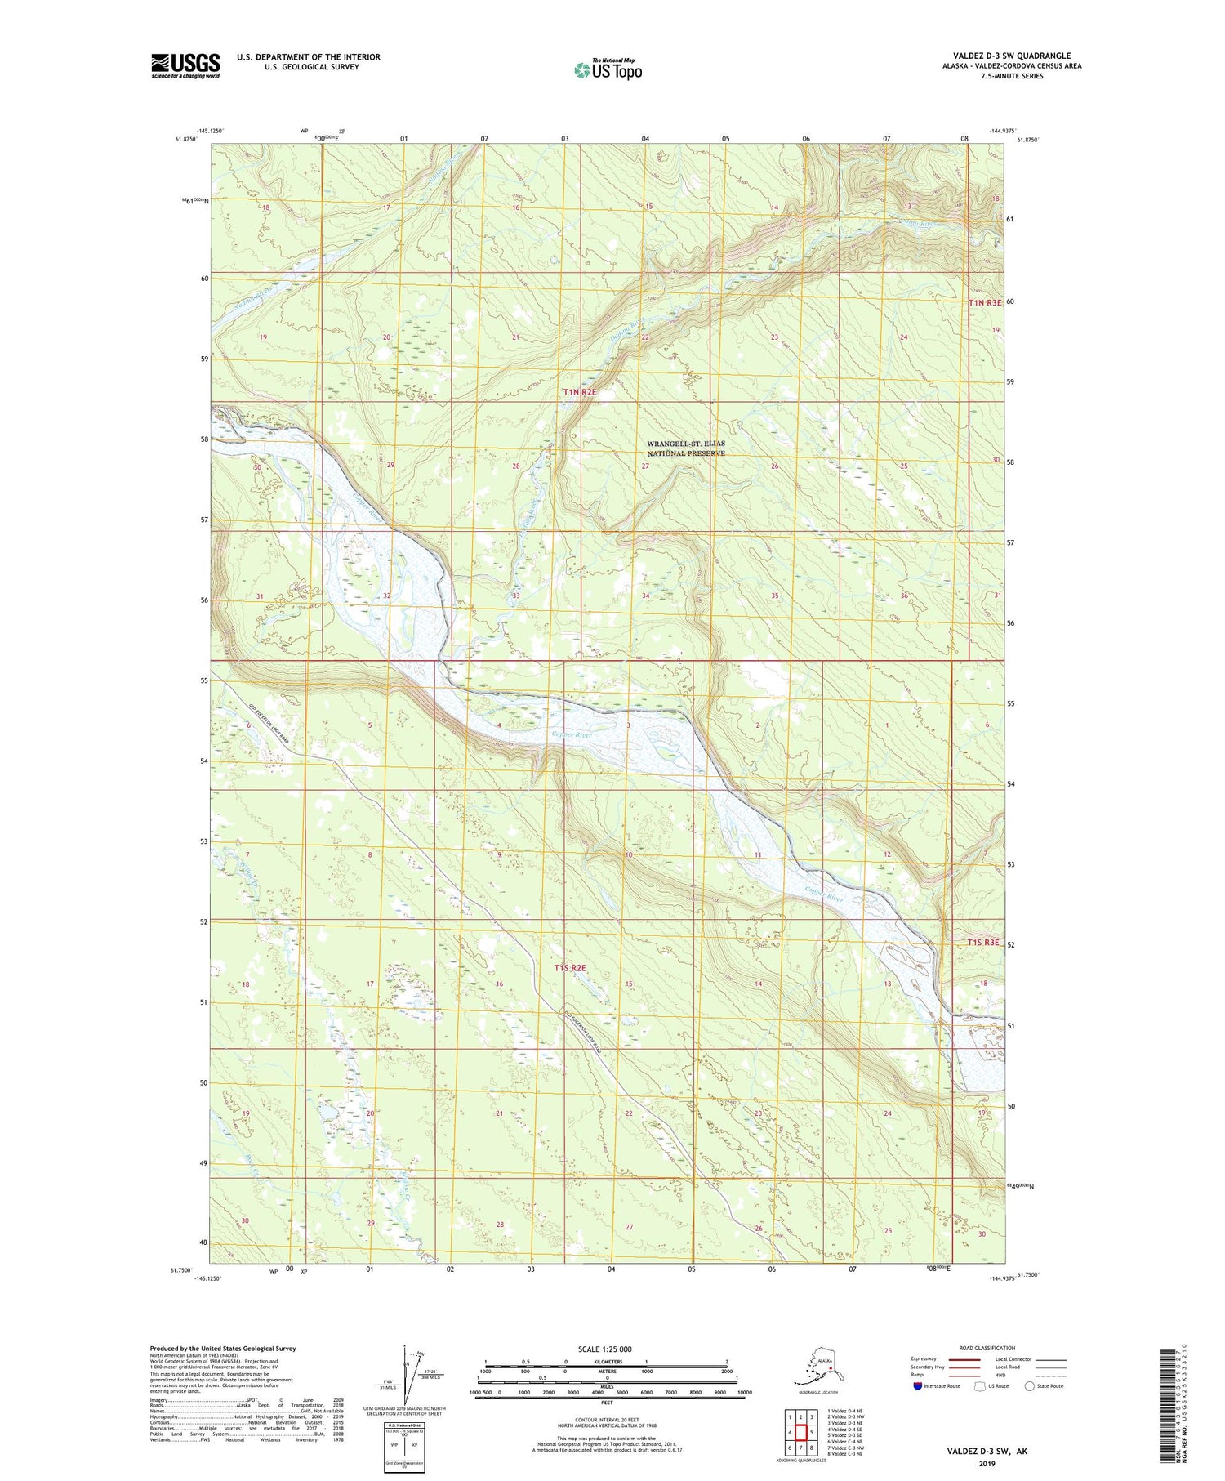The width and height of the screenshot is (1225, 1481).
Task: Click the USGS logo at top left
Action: tap(185, 65)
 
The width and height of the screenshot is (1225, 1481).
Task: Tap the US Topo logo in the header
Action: tap(608, 69)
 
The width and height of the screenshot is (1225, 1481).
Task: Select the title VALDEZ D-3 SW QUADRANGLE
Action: tap(1011, 56)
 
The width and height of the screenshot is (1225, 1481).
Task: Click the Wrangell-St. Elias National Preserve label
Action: tap(686, 448)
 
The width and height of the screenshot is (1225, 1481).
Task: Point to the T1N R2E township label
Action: tap(580, 393)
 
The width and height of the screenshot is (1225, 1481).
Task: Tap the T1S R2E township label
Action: tap(570, 968)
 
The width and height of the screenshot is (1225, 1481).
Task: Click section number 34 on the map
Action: tap(645, 596)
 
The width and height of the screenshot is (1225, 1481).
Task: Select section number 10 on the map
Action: tap(628, 855)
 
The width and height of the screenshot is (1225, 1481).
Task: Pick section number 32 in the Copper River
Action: tap(386, 596)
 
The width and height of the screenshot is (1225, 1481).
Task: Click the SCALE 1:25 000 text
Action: tap(604, 1349)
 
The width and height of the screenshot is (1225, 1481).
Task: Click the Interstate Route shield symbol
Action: tap(917, 1386)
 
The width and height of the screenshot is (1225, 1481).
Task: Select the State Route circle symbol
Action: tap(1030, 1386)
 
